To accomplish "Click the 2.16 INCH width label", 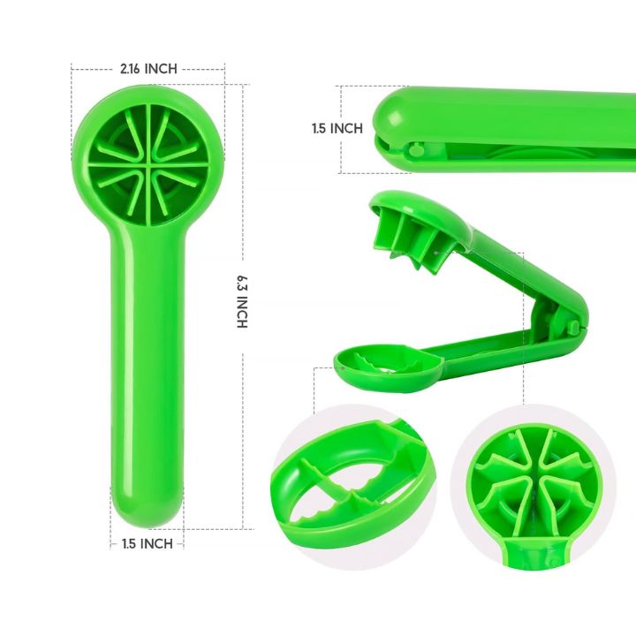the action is point(148,69).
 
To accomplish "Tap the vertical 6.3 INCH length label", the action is point(242,302).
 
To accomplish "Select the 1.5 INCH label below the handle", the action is point(148,543).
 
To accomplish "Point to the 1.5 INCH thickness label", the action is point(337,129).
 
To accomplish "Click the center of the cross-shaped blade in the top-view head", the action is point(149,165).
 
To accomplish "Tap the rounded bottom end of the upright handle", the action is point(148,511).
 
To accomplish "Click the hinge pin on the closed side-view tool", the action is point(416,150).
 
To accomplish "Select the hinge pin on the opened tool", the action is point(573,326).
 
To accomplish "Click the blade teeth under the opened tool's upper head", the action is point(410,244).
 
